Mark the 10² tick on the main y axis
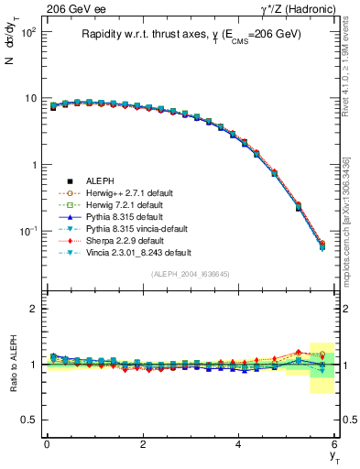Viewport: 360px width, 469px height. (x=29, y=32)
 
